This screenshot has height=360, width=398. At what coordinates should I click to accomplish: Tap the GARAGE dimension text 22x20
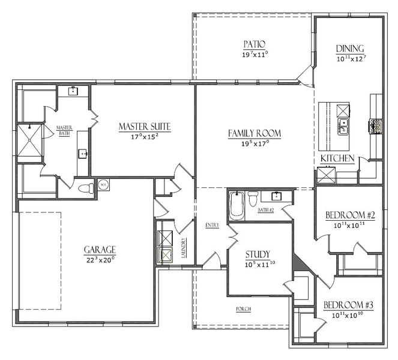(x=100, y=260)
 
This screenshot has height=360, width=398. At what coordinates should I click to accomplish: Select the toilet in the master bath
(x=86, y=188)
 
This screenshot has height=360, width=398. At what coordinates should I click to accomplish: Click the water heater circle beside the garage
(x=102, y=185)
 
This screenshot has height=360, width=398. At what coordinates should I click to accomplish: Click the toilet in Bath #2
(x=253, y=198)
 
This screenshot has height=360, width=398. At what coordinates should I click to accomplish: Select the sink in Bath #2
(x=277, y=196)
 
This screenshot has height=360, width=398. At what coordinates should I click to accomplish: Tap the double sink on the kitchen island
(x=343, y=126)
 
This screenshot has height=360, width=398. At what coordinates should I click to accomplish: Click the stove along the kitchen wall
(x=377, y=126)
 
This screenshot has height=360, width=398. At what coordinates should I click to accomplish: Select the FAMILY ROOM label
(x=255, y=133)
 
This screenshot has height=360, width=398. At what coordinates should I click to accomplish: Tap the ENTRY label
(x=212, y=225)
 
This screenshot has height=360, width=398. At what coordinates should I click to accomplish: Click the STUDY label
(x=258, y=254)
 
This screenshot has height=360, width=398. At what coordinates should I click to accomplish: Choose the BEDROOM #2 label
(x=349, y=215)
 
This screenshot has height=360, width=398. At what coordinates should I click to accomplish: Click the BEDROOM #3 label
(x=348, y=305)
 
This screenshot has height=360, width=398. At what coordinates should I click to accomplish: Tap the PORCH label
(x=243, y=309)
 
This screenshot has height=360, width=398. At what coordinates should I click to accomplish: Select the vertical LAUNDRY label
(x=184, y=248)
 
